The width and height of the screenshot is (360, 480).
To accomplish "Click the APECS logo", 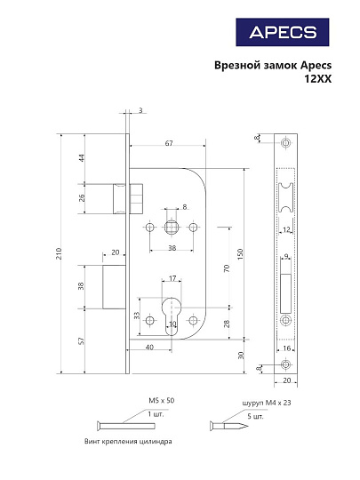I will pos(282,33).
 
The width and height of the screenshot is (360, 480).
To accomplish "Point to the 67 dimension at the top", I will pos(168,144).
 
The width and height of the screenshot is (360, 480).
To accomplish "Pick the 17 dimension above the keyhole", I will pos(172,278).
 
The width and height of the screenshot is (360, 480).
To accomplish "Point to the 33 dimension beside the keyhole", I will pos(137,316).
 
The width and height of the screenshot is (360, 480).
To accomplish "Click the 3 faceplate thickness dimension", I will pos(140,110).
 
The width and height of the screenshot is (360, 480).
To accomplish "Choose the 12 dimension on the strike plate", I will pos(286,229).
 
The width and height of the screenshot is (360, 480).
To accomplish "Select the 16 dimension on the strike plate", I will pos(287,349).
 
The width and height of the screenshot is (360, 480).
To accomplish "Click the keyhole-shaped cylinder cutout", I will pos(172,316).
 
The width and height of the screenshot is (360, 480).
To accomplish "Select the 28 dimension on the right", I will pos(228,324).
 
